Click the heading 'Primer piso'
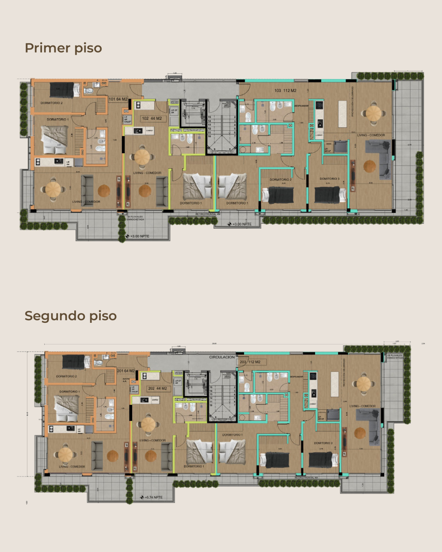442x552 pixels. tap(63, 48)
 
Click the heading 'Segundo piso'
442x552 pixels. tap(71, 316)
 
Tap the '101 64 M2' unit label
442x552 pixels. tap(118, 99)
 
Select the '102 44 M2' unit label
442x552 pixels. tap(152, 118)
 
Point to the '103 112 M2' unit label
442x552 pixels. tap(285, 91)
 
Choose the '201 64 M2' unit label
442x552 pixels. tap(126, 371)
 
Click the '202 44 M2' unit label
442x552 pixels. tap(157, 389)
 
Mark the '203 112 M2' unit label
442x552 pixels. tap(250, 362)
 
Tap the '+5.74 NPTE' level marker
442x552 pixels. tap(153, 497)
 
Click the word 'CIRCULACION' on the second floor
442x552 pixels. tap(222, 357)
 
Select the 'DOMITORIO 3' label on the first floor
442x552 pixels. tap(329, 179)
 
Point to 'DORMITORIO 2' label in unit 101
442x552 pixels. tap(52, 103)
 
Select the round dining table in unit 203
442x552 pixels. tap(363, 383)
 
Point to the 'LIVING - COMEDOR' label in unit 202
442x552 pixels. tap(152, 440)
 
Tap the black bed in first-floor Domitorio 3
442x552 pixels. tap(330, 195)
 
